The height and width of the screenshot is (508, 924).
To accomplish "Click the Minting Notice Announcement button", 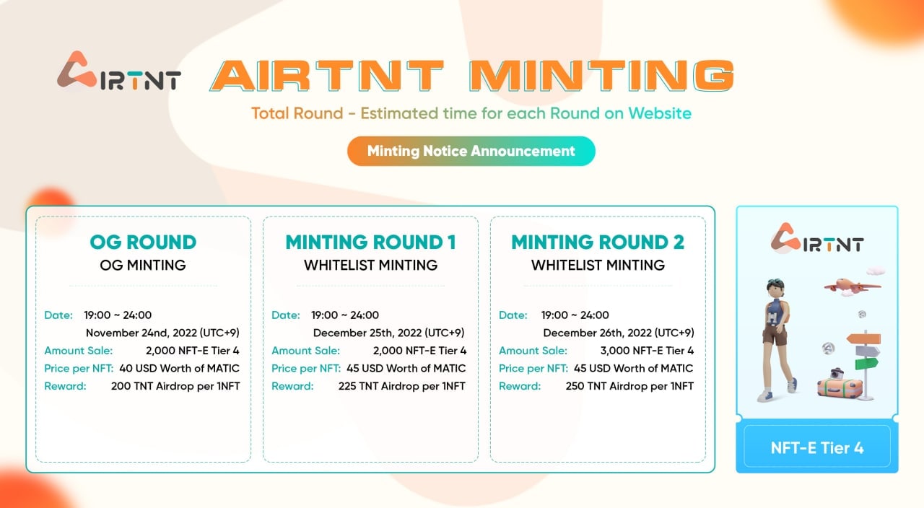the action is coord(471,151).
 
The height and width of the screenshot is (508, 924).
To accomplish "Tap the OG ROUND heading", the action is coord(143,242).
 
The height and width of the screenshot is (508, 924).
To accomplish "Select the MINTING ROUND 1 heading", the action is coord(370,242).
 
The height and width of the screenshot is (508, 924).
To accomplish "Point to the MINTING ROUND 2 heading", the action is coord(598,242).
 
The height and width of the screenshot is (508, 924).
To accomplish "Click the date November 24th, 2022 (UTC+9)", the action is coord(162,333).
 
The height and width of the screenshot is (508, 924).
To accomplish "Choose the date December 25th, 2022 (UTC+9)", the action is coord(388,333).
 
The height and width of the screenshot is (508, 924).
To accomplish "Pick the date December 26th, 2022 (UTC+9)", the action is coord(618,333).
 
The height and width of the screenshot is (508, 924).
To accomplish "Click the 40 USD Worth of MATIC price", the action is coord(179,368).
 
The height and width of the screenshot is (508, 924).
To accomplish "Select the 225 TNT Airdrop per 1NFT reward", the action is coord(402,386).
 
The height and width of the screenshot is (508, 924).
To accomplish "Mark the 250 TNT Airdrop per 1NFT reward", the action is coord(629,386).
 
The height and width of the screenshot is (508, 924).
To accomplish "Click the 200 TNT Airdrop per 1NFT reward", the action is coord(175,386).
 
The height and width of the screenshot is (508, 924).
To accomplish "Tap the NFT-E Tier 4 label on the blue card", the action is coord(816,447).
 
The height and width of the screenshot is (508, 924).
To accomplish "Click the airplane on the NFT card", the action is coord(852,285).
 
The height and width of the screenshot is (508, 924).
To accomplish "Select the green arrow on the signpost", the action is coord(866,363).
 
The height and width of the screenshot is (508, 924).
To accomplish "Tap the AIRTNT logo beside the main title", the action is coord(119,72).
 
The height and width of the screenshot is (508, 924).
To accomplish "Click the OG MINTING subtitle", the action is coord(143,265).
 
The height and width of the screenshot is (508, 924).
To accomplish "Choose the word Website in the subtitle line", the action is coord(660,113).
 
